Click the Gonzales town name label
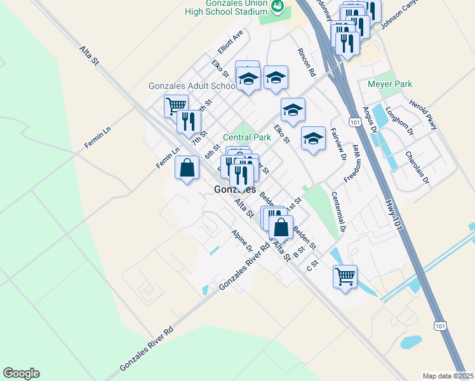click(x=236, y=190)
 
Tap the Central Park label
click(x=247, y=137)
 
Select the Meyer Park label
click(x=390, y=84)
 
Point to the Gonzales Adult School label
click(x=192, y=86)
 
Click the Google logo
click(x=21, y=373)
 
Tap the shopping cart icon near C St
click(x=345, y=276)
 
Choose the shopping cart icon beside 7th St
click(x=176, y=105)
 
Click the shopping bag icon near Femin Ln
click(x=187, y=168)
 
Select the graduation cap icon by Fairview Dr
click(x=312, y=139)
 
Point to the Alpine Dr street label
click(x=242, y=240)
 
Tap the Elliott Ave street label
click(x=230, y=42)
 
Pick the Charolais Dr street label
click(x=417, y=167)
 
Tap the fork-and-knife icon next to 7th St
click(x=189, y=121)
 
